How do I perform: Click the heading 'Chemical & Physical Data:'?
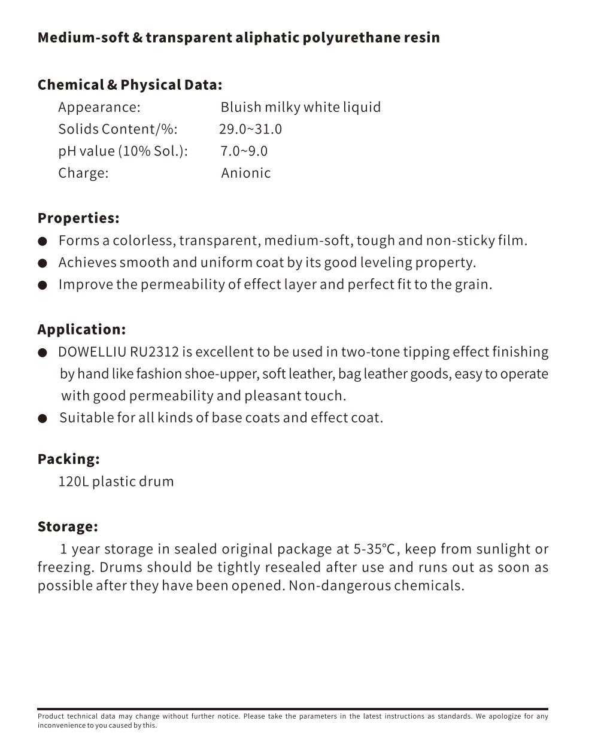[x=129, y=85]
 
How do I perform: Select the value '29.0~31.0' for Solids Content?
[x=250, y=129]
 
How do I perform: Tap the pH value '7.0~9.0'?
[x=244, y=151]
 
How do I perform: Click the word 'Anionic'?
[x=245, y=173]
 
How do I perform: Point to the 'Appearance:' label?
[x=99, y=107]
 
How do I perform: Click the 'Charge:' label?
[x=83, y=173]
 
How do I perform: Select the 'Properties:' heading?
[x=78, y=218]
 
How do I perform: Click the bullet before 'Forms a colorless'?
[x=43, y=241]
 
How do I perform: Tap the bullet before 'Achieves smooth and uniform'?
[x=43, y=263]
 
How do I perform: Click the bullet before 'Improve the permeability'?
[x=43, y=285]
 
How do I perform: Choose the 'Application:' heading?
[x=81, y=330]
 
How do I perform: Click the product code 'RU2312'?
[x=154, y=352]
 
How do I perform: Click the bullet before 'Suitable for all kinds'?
[x=43, y=418]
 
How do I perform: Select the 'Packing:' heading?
[x=68, y=459]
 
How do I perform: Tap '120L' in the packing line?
[x=73, y=482]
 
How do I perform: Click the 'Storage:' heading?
[x=68, y=527]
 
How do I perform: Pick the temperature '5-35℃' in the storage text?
[x=374, y=549]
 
